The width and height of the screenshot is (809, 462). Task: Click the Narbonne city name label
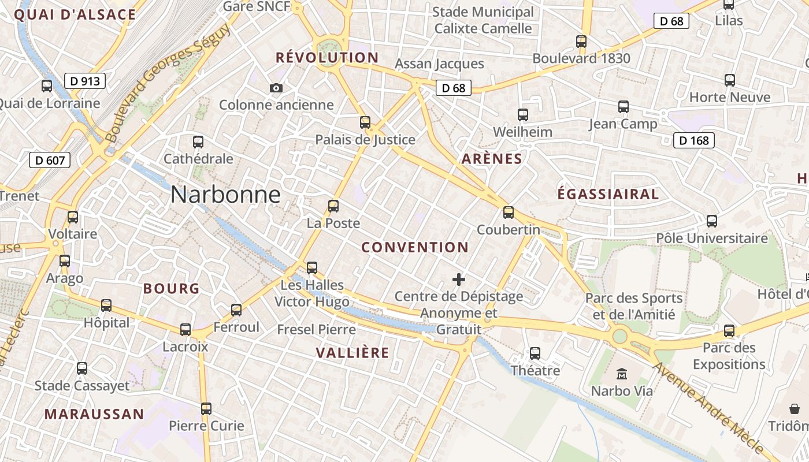pos(225,195)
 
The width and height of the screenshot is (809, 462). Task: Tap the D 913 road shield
pos(85,81)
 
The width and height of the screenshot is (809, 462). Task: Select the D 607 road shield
pos(50,160)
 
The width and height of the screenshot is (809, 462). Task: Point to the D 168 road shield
pos(694,140)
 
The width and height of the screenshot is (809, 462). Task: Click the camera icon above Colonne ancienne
pos(276,88)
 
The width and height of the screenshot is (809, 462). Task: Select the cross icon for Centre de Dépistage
pos(459,280)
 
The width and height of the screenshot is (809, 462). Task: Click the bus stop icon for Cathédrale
pos(198,141)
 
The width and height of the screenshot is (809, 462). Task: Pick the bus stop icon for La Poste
pos(333,206)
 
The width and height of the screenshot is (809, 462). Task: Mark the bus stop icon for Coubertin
pos(509,213)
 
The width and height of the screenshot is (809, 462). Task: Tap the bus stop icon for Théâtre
pos(535,353)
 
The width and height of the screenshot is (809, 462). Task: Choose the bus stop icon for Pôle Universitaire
pos(712,221)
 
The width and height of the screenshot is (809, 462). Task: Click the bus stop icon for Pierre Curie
pos(206,409)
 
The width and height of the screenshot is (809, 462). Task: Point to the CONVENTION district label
pos(415,248)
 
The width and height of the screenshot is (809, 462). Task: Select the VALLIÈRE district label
pos(352,353)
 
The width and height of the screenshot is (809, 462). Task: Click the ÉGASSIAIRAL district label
pos(608,194)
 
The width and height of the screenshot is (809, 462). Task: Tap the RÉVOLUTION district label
pos(327,58)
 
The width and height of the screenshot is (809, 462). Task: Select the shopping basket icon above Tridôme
pos(795,409)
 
